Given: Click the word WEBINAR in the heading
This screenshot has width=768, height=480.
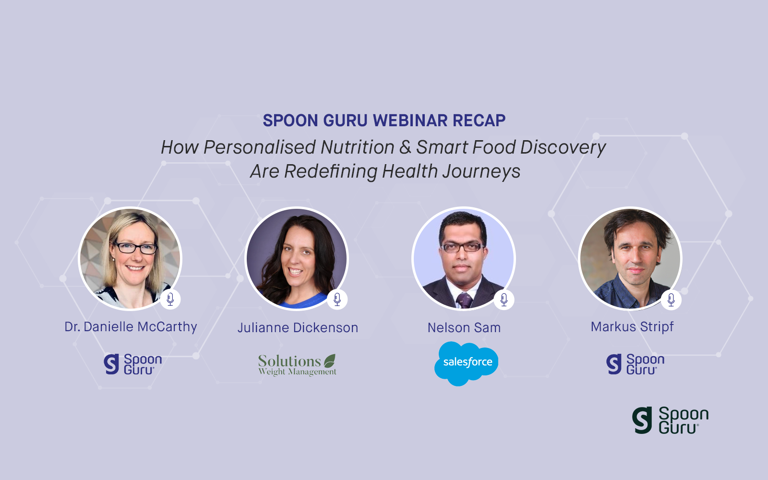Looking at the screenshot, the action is point(410,120).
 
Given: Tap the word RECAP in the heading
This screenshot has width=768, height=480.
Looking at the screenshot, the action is point(479,120).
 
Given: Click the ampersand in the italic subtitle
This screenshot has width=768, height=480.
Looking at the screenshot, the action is point(405,147).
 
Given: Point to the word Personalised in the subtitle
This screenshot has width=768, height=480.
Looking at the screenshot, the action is point(260,147).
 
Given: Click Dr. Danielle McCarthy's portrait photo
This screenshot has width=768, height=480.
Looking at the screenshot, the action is point(130,259).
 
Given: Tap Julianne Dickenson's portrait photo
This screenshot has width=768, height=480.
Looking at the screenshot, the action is point(297,259).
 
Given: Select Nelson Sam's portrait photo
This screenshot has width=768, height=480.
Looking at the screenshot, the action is point(464,259).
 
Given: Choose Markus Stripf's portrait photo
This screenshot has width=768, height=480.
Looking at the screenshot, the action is point(630,259).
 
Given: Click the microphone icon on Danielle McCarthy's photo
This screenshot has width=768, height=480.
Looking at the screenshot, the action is point(170,300).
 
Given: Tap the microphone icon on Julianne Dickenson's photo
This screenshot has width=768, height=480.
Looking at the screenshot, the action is point(337,300).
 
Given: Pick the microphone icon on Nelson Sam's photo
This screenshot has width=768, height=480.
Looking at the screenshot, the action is point(504,300).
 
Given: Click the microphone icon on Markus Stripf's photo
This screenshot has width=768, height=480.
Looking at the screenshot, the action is point(671,300).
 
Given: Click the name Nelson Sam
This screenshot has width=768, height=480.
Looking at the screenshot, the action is point(464,327).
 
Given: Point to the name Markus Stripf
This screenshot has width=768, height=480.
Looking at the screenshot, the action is point(632,327).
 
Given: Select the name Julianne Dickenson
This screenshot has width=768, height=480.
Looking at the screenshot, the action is point(298,327).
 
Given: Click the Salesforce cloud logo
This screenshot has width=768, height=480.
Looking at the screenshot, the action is point(466,363).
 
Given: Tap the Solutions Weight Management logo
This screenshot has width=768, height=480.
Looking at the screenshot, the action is point(297,365).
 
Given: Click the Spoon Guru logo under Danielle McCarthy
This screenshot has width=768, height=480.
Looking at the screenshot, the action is point(132,364).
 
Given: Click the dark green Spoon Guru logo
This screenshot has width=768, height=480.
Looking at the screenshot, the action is point(670,420).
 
